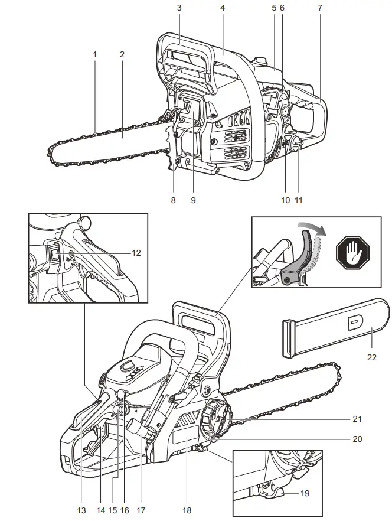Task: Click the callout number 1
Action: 94,54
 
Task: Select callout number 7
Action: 319,8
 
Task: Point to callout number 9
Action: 193,200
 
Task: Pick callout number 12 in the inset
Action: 136,252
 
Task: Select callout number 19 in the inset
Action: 305,493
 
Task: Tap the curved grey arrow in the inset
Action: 312,229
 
